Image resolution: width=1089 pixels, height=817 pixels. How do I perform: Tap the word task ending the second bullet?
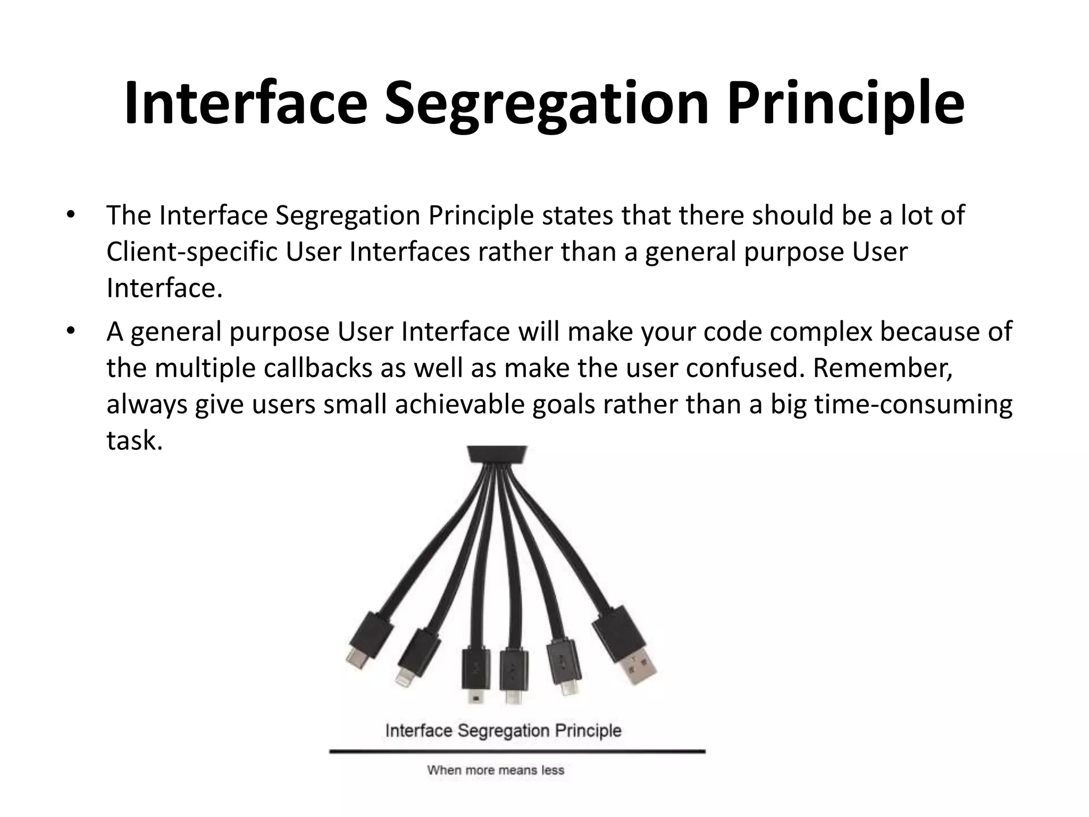tap(133, 440)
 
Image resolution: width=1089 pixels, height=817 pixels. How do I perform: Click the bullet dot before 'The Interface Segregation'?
tap(70, 216)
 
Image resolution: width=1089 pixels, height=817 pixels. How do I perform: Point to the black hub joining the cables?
tap(497, 455)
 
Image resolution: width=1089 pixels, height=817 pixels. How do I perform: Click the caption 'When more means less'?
tap(496, 770)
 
